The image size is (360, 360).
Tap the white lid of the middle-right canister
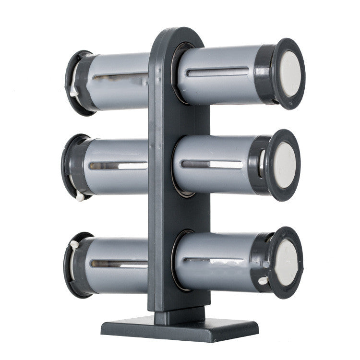coord(285,165)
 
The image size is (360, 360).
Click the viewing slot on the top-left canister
coord(120,76)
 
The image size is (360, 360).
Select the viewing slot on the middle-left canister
coord(118,166)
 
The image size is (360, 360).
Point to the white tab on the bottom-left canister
coord(74,244)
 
